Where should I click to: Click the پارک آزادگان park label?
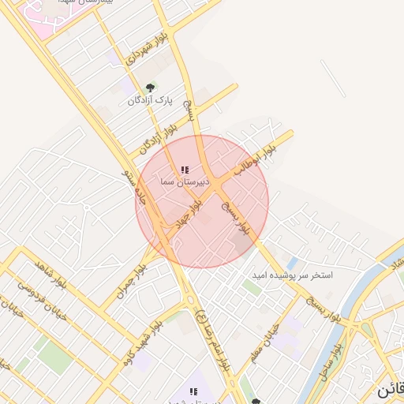[150, 101]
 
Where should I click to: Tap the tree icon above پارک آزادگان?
[150, 88]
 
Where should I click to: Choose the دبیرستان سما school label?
[184, 182]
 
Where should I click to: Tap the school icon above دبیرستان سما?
[185, 170]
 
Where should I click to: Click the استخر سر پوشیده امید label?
[292, 275]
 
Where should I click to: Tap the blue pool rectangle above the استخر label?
[293, 262]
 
